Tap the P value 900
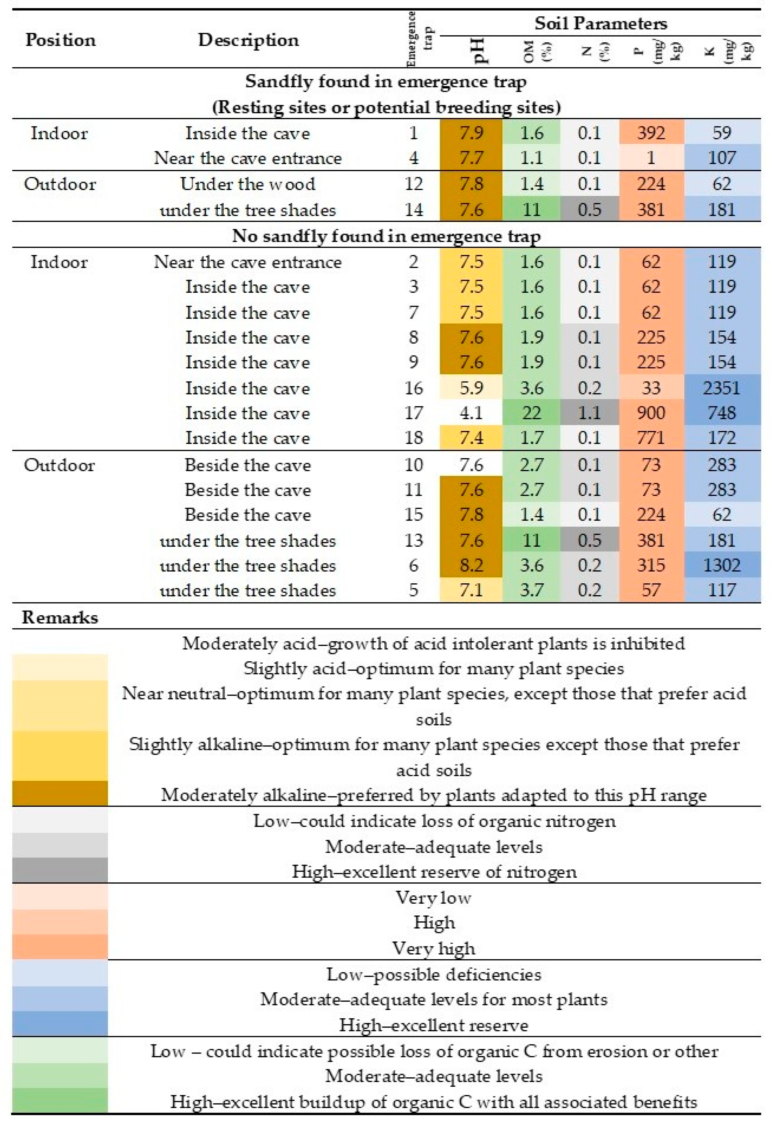tap(651, 413)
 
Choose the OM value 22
tap(531, 413)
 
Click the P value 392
tap(651, 133)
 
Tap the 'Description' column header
tap(248, 40)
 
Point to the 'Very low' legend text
tap(433, 897)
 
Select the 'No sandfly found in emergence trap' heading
tap(386, 236)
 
